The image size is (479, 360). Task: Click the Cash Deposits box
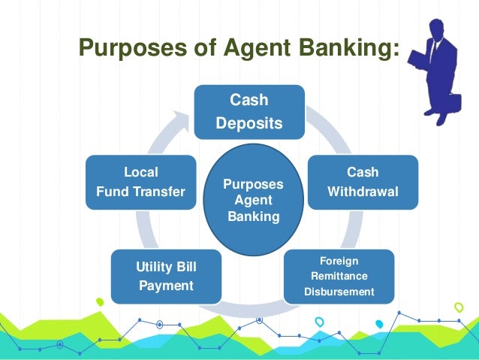(249, 112)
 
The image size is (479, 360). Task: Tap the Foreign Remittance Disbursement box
(339, 276)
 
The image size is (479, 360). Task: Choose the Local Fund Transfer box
(140, 183)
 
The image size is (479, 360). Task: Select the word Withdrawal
(363, 192)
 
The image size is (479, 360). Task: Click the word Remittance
(339, 276)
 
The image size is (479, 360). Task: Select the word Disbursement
(339, 292)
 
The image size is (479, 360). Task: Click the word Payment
(166, 286)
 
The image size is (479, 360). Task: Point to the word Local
(140, 172)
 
